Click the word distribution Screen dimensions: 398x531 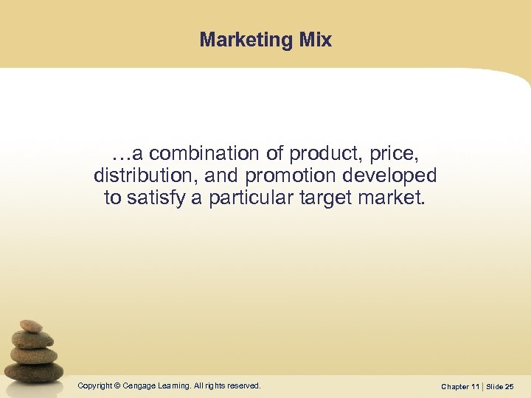[138, 176]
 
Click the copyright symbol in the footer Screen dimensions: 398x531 [117, 385]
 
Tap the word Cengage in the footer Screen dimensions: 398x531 [139, 385]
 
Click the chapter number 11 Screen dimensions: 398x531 [476, 386]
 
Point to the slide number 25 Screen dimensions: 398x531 [510, 386]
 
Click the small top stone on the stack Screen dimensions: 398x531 [30, 326]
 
